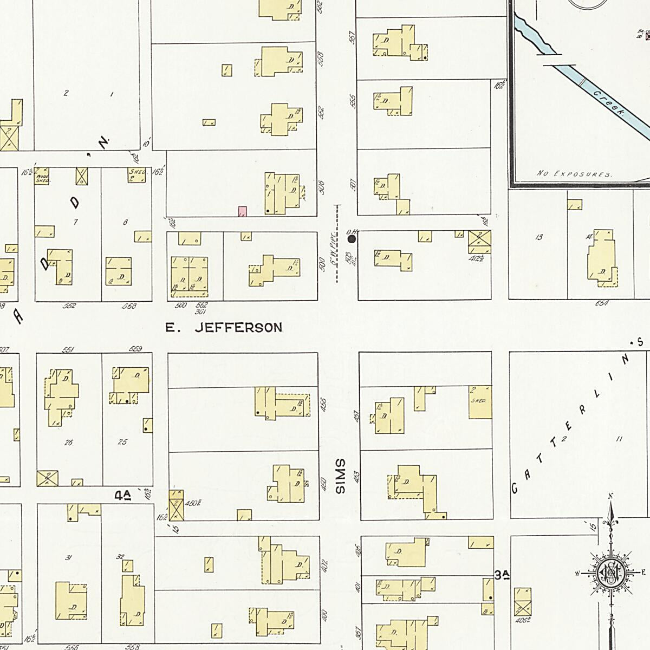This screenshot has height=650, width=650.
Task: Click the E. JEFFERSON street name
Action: point(224,328)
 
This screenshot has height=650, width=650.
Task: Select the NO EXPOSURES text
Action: point(574,174)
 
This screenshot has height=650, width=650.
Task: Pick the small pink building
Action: point(242,211)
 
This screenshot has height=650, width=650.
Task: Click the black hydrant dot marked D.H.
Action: point(352,238)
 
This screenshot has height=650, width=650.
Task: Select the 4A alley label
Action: point(123,494)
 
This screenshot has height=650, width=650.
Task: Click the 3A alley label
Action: point(503,575)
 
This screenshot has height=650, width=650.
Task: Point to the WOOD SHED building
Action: point(42,177)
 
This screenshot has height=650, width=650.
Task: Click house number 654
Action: point(601,303)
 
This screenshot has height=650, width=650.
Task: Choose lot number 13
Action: point(538,237)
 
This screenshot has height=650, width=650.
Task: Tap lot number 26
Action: point(68,443)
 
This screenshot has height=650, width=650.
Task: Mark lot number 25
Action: point(122,442)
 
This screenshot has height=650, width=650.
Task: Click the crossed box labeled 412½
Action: point(479,241)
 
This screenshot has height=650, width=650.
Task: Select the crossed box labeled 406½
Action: point(522,606)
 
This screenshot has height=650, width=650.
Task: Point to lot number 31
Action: point(68,558)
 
